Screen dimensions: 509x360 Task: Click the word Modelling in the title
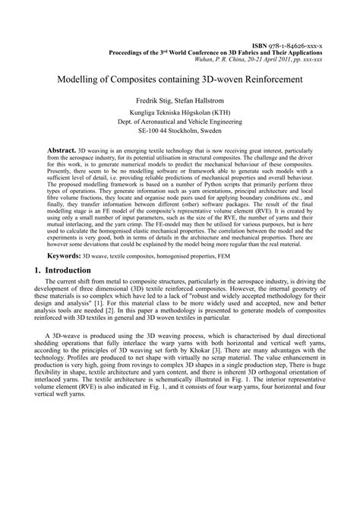[82, 79]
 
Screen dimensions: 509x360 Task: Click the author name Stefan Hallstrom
[203, 100]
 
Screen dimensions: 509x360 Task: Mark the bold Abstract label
[62, 151]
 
